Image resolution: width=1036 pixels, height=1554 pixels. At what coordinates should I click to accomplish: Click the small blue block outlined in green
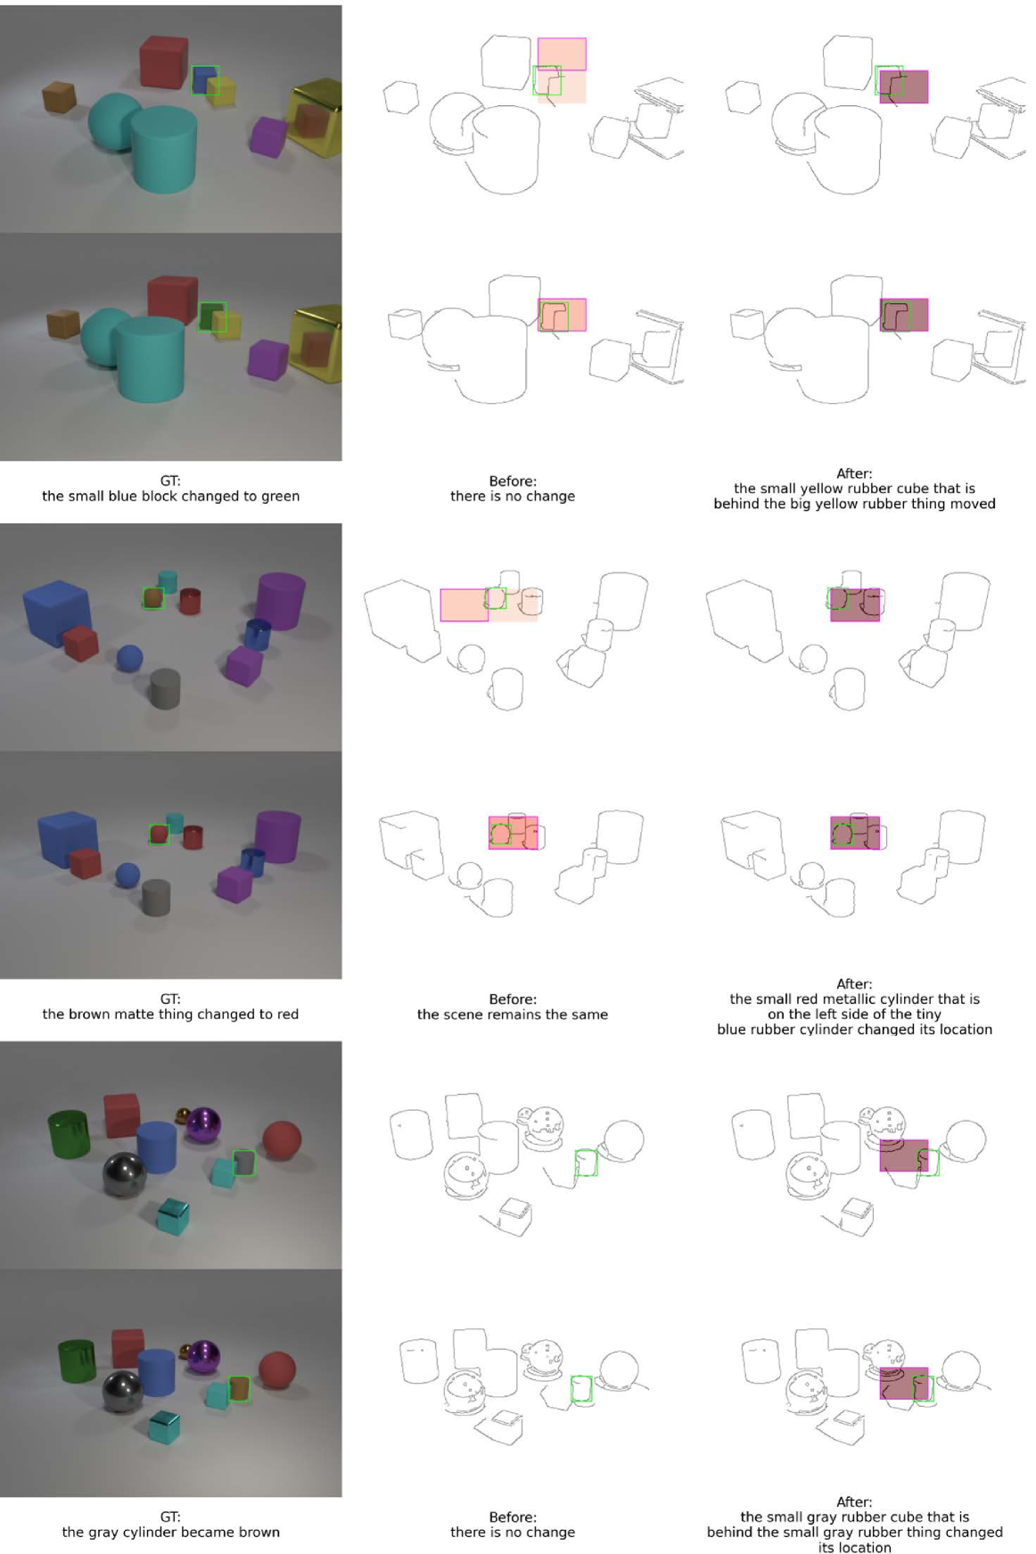tap(204, 79)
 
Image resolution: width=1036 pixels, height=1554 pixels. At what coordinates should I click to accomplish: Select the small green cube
tap(211, 317)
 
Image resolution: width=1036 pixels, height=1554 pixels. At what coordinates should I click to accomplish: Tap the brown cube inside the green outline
tap(153, 597)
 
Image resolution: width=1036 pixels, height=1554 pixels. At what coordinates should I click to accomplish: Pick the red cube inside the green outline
tap(159, 835)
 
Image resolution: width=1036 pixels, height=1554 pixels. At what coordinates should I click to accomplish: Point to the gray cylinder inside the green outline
tap(243, 1163)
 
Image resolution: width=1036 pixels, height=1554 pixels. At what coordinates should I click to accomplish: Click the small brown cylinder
tap(239, 1388)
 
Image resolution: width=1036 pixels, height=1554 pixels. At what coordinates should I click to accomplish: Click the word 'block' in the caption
tap(166, 496)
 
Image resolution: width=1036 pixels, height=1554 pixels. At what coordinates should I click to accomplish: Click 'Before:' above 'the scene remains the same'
tap(513, 999)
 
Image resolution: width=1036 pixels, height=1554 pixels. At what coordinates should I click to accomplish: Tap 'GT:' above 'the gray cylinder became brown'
tap(170, 1517)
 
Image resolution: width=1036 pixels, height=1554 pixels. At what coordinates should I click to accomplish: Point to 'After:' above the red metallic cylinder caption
tap(854, 984)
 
